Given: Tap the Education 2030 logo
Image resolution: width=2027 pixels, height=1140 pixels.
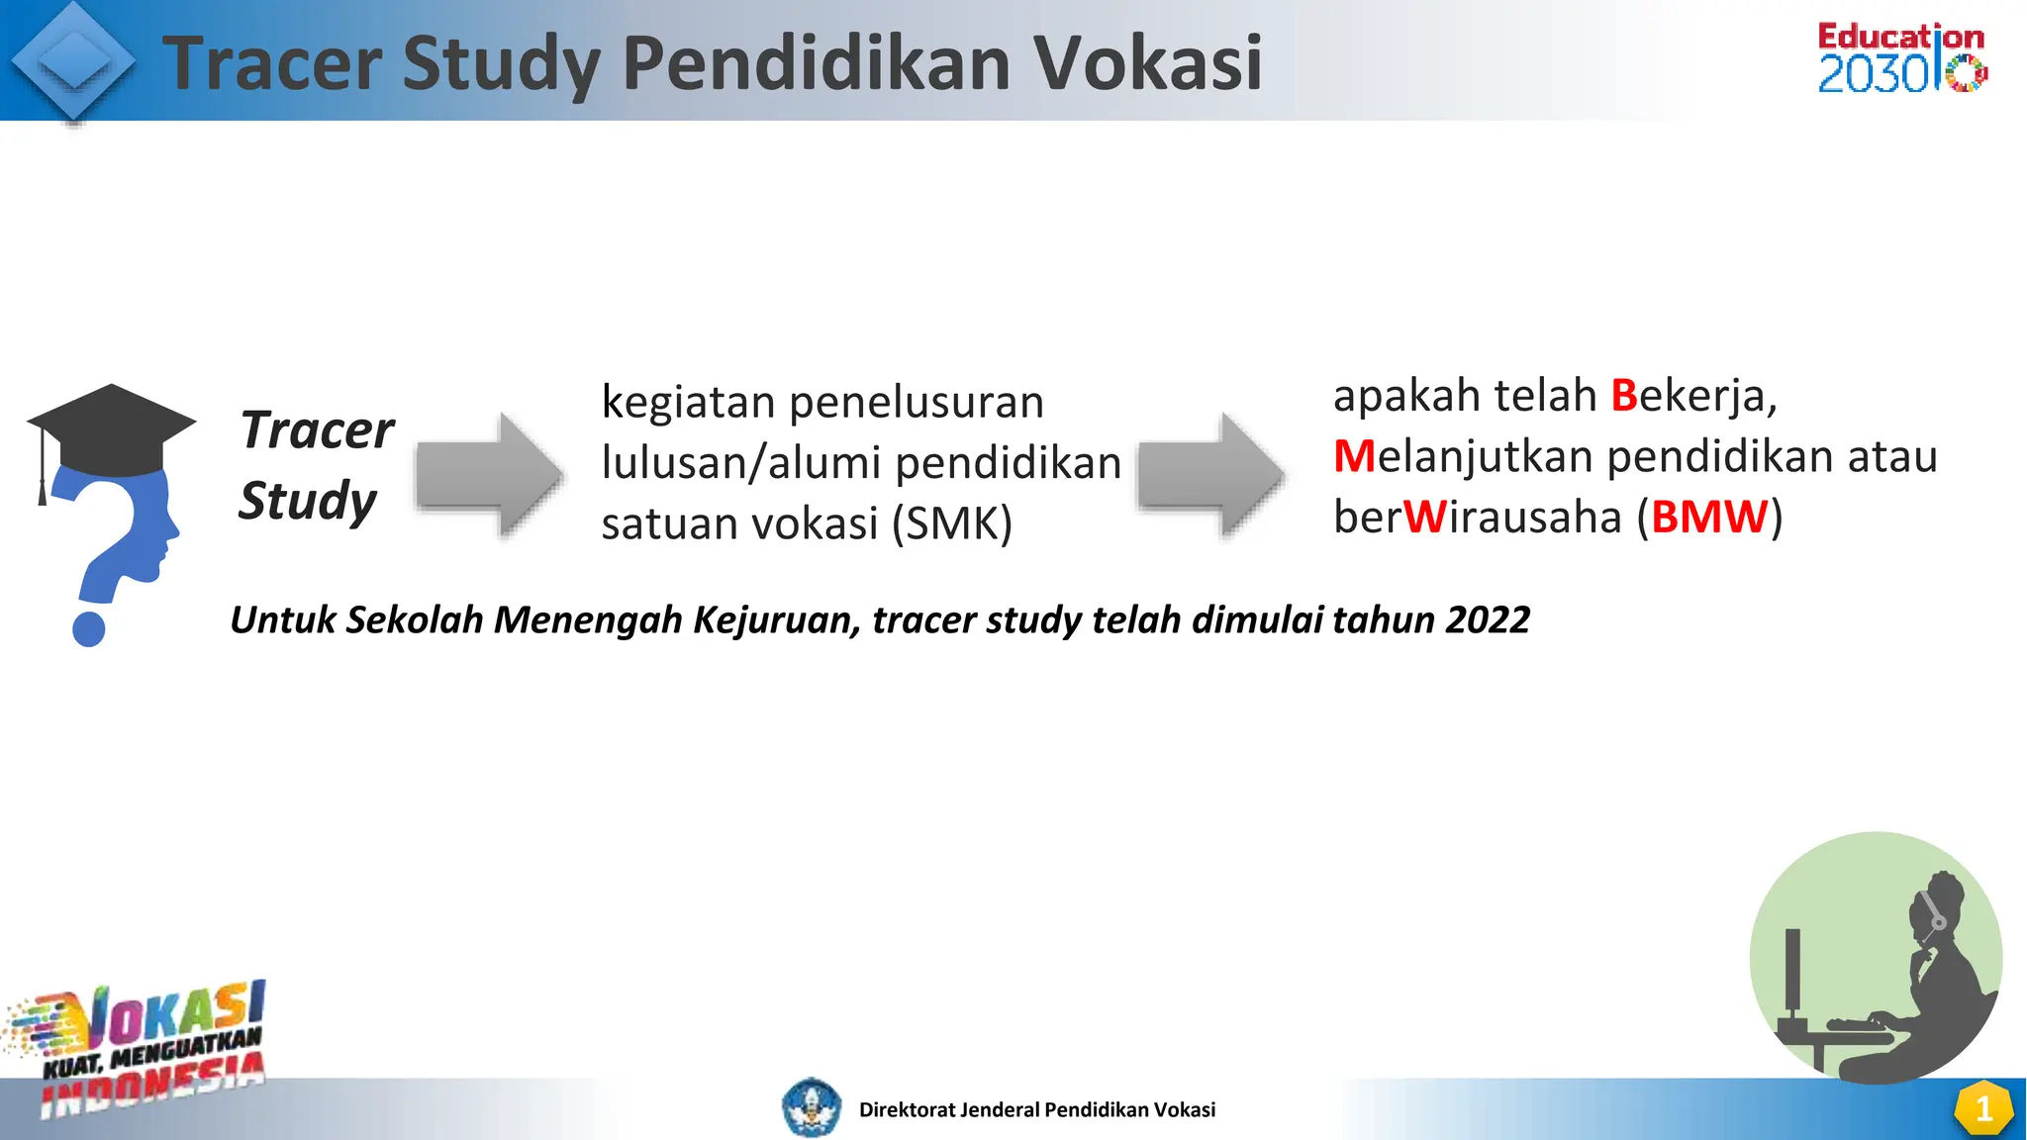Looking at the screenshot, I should (x=1901, y=57).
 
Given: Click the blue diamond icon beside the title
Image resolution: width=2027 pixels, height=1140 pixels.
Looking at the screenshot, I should (x=73, y=61).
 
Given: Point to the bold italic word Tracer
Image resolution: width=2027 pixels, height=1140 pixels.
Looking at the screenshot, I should (x=317, y=430).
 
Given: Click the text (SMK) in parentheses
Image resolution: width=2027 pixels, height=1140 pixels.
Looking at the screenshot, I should (x=951, y=523).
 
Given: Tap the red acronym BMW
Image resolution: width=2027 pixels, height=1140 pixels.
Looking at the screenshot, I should (x=1709, y=517).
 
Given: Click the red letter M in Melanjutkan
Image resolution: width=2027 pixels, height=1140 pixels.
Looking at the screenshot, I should (x=1354, y=456).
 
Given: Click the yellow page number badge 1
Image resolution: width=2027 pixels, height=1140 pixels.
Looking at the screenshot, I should (x=1982, y=1109).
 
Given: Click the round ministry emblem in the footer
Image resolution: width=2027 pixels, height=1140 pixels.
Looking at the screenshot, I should (x=812, y=1107).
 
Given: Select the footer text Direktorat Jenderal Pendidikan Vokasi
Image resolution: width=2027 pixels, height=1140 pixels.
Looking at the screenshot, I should (x=1036, y=1110).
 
